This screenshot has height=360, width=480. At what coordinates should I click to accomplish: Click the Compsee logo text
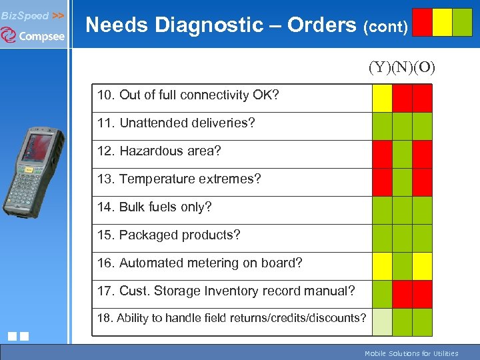tap(41, 36)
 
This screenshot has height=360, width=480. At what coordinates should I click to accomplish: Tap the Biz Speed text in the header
tap(25, 15)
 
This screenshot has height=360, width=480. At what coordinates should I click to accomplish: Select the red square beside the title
tap(422, 22)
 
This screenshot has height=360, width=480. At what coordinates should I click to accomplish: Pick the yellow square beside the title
tap(442, 22)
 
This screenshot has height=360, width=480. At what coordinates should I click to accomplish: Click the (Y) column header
tap(380, 67)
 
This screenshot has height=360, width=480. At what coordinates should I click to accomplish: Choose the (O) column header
tap(424, 67)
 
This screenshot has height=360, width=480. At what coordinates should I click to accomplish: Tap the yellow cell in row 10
tap(382, 98)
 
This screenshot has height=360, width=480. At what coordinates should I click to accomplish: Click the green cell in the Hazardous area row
tap(402, 154)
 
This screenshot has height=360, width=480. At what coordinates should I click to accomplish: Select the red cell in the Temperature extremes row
tap(382, 182)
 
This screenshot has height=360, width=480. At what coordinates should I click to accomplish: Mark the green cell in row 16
tap(402, 266)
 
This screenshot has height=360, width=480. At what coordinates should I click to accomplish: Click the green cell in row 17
tap(382, 294)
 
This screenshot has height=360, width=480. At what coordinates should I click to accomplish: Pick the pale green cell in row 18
tap(382, 322)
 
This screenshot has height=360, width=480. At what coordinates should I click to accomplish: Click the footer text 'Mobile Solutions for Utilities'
tap(411, 353)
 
